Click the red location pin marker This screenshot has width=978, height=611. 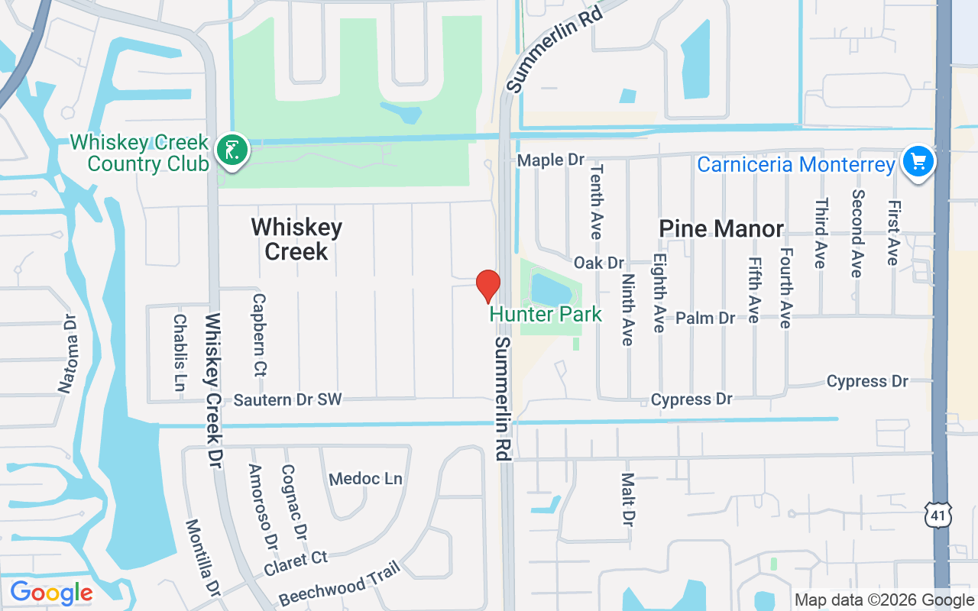tap(488, 286)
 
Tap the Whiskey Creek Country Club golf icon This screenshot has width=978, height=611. tap(232, 150)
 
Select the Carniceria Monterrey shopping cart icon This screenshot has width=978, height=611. tap(918, 162)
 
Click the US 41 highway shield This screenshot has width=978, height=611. tap(937, 515)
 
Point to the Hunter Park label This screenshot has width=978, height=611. tap(546, 314)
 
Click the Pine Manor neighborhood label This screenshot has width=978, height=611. tap(721, 228)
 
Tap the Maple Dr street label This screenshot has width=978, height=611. tap(551, 160)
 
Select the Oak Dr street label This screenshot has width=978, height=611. tap(599, 263)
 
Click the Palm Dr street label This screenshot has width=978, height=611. tap(705, 318)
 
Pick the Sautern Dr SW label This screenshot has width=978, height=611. tap(287, 399)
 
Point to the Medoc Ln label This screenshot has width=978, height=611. tap(365, 479)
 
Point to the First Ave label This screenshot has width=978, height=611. tap(892, 233)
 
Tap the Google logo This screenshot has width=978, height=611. tap(51, 593)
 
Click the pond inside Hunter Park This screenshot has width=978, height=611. tap(553, 289)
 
